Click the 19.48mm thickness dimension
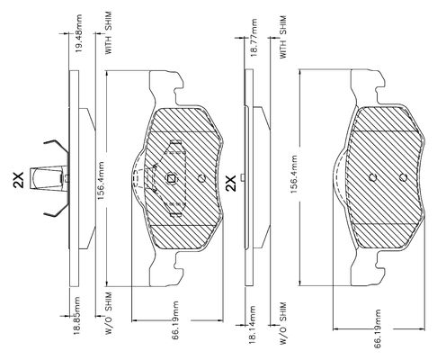tap(79, 32)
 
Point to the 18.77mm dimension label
tap(254, 38)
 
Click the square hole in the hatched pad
tap(172, 178)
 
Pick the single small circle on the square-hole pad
tap(202, 178)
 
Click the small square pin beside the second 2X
tap(243, 177)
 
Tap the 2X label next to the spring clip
tap(19, 180)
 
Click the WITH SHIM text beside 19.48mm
tap(108, 32)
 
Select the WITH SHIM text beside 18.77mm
tap(282, 37)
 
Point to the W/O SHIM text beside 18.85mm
tap(108, 313)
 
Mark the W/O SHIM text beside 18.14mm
tap(283, 323)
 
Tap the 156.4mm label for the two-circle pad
tap(294, 174)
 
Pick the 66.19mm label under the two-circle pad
tap(378, 328)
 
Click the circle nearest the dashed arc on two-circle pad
tap(372, 177)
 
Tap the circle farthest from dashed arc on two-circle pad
tap(404, 177)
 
